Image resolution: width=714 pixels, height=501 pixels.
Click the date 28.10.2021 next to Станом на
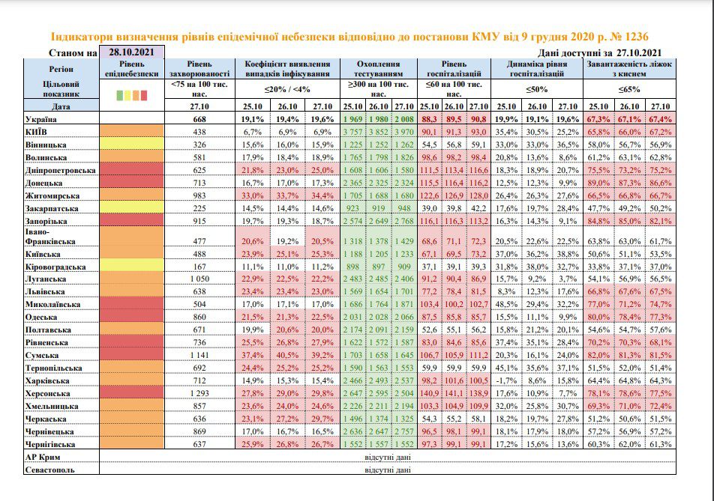pos(131,52)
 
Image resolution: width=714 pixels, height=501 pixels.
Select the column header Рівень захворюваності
pos(199,69)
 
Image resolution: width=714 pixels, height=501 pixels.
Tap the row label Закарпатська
pos(52,209)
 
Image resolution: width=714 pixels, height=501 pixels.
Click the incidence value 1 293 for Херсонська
pos(199,393)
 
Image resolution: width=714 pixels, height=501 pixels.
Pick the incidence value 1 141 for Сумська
pos(199,355)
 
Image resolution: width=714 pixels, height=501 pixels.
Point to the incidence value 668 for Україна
pos(199,119)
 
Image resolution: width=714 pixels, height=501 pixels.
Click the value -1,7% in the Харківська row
pos(506,380)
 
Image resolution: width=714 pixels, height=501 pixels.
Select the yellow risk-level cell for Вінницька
pos(131,144)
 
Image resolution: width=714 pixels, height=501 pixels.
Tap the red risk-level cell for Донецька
pos(131,182)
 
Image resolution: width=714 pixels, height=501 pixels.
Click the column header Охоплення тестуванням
pos(379,69)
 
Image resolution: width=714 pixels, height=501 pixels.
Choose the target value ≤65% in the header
pos(629,90)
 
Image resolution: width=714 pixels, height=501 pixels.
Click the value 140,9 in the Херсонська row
pos(429,393)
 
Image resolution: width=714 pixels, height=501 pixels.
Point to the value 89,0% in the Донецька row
pos(598,183)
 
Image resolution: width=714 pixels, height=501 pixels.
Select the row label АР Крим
pos(43,457)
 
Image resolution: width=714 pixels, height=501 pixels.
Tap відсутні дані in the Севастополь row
pos(388,470)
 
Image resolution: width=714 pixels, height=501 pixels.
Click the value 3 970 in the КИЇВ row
pos(404,132)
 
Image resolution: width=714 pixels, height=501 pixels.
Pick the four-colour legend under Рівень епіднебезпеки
pos(131,95)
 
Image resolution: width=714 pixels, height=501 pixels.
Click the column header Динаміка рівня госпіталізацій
pos(537,69)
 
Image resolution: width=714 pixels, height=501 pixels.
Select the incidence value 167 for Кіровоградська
pos(199,267)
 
